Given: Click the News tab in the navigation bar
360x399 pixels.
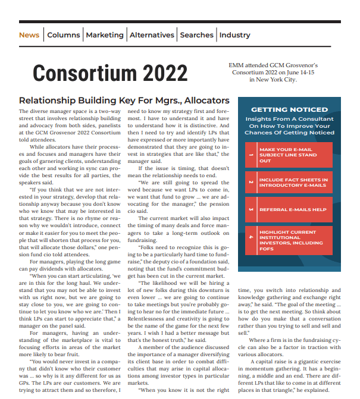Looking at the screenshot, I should pyautogui.click(x=29, y=35).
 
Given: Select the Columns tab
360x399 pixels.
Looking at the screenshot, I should pyautogui.click(x=63, y=35).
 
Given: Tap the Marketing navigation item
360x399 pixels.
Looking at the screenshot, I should pyautogui.click(x=105, y=35).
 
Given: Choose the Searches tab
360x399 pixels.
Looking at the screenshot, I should pyautogui.click(x=196, y=35).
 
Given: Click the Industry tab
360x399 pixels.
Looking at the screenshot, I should pyautogui.click(x=234, y=35).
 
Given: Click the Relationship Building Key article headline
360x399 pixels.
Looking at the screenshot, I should pyautogui.click(x=124, y=100).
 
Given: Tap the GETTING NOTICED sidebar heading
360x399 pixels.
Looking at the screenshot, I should pyautogui.click(x=289, y=109).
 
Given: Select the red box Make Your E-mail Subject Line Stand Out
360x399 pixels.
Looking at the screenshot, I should pyautogui.click(x=289, y=155).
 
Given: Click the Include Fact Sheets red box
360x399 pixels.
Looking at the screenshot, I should pyautogui.click(x=289, y=183).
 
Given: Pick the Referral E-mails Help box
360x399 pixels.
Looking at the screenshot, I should pyautogui.click(x=289, y=210).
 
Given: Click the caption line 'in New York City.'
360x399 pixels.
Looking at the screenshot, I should pyautogui.click(x=273, y=79).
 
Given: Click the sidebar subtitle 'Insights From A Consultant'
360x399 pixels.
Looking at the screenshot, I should pyautogui.click(x=289, y=119).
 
